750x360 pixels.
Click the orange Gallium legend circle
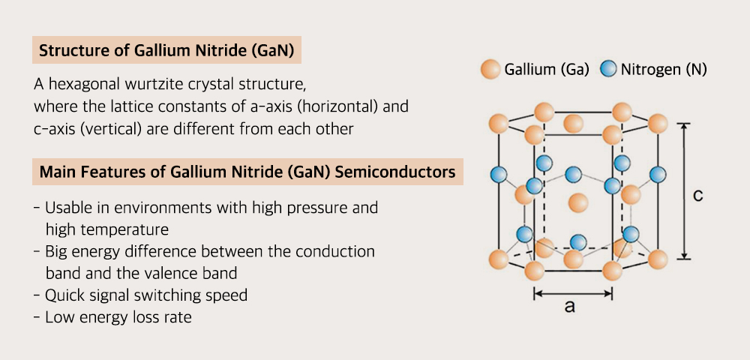pos(490,70)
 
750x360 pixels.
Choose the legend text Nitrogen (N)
pos(662,70)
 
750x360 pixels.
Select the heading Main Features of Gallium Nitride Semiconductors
pos(247,172)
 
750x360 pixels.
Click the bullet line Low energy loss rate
pos(118,317)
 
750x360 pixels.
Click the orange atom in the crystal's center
pos(577,202)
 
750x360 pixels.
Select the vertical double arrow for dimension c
pos(683,191)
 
